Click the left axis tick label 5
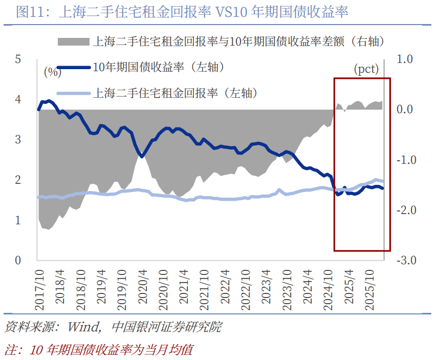point(17,59)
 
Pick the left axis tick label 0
point(17,260)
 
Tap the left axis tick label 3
point(17,139)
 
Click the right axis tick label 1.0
point(405,59)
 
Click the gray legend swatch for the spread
point(73,41)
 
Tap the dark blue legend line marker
point(73,68)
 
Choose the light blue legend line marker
point(73,94)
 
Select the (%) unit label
point(52,72)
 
